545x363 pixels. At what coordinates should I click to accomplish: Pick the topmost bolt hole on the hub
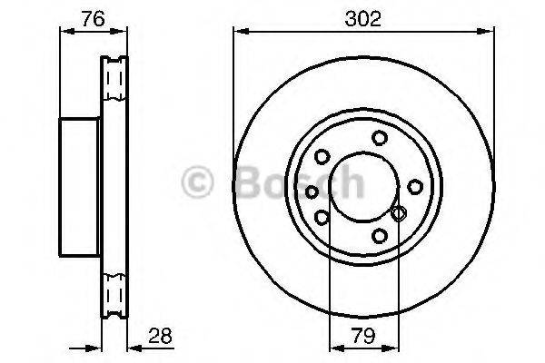tap(377, 139)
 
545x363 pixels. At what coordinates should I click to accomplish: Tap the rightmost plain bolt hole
tap(414, 186)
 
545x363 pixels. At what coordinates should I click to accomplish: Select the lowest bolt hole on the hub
tap(380, 236)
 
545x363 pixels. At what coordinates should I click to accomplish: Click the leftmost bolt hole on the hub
tap(312, 191)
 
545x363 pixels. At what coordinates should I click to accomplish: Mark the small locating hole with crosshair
tap(397, 213)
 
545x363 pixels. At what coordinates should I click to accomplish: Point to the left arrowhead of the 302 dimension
tap(239, 33)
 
